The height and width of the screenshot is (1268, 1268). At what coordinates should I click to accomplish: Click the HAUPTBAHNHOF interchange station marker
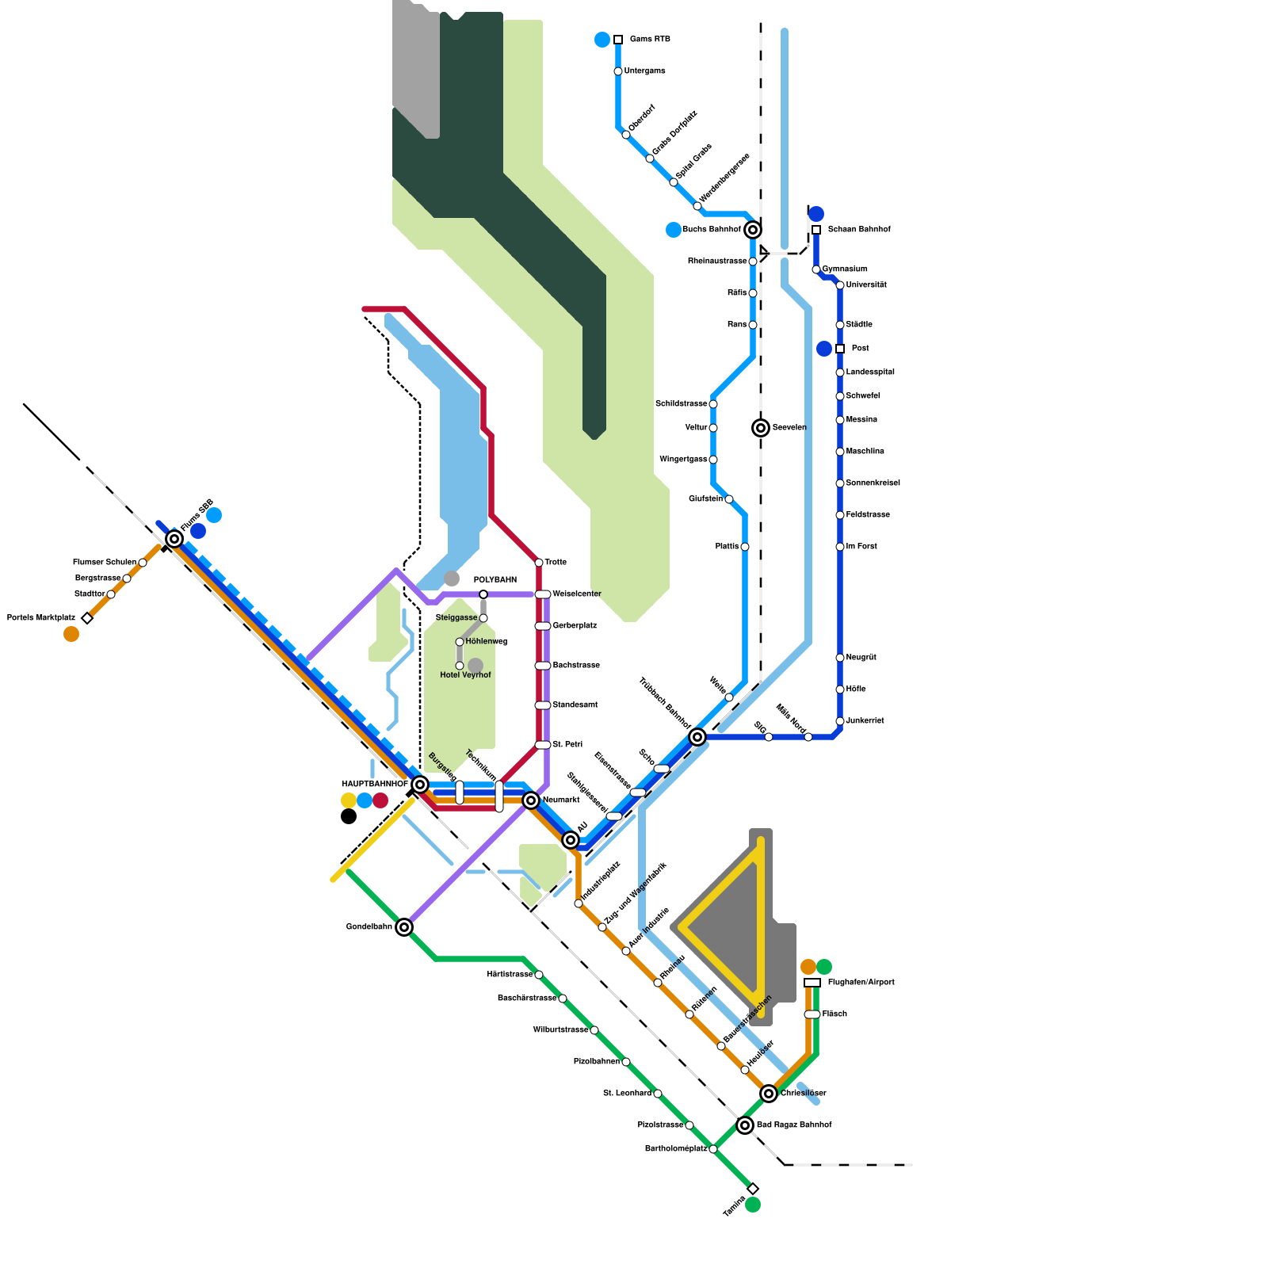pos(420,785)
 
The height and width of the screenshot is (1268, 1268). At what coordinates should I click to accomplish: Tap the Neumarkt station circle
pos(531,800)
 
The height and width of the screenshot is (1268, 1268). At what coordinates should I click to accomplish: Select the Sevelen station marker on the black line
pos(761,428)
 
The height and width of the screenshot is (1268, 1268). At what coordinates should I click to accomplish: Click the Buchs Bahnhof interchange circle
pos(753,230)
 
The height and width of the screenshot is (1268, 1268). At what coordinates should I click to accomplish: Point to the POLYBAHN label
pos(495,580)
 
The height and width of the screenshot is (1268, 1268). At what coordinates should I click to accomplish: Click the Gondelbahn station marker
pos(404,927)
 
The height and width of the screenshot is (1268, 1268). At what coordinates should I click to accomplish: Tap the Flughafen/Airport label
pos(861,983)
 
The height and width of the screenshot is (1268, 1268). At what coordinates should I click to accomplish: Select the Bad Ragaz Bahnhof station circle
pos(745,1125)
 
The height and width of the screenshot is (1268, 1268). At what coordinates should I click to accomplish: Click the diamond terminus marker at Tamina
pos(753,1189)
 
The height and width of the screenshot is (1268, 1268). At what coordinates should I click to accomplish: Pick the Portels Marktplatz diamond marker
pos(87,618)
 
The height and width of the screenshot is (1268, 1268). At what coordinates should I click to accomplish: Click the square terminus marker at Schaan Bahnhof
pos(816,230)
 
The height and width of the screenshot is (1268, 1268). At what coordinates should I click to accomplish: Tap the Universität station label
pos(866,285)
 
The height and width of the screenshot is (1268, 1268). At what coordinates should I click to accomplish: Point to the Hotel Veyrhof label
pos(465,675)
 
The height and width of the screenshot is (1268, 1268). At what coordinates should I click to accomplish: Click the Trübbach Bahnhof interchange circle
pos(697,737)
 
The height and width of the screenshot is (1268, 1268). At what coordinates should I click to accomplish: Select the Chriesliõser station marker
pos(769,1094)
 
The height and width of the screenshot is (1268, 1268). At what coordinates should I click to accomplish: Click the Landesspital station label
pos(869,372)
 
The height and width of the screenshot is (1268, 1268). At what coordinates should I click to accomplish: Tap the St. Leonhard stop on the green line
pos(658,1094)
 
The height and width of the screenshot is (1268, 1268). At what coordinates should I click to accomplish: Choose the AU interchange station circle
pos(571,840)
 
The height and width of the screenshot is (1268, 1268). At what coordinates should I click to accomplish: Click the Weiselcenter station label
pos(576,594)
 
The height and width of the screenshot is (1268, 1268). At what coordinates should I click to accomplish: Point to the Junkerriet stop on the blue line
pos(840,721)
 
